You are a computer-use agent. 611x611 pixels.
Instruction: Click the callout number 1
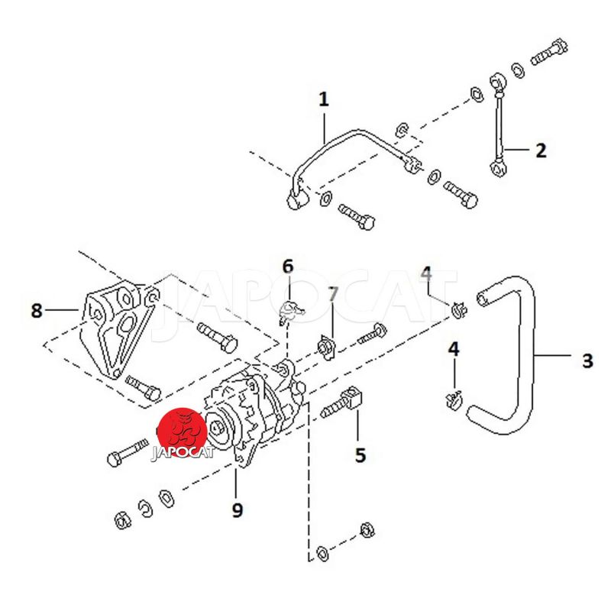(323, 99)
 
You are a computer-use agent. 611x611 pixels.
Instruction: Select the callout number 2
(541, 150)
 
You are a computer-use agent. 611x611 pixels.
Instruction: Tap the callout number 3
(587, 360)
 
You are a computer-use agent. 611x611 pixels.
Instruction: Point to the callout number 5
(360, 455)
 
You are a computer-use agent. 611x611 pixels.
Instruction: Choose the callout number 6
(287, 267)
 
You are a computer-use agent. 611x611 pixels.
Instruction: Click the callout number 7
(332, 293)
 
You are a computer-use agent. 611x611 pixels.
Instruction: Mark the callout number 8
(37, 311)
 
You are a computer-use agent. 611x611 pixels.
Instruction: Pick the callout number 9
(237, 509)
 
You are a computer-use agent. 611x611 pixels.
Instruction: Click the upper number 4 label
(426, 273)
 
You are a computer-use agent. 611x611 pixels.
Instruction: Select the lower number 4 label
(454, 349)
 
